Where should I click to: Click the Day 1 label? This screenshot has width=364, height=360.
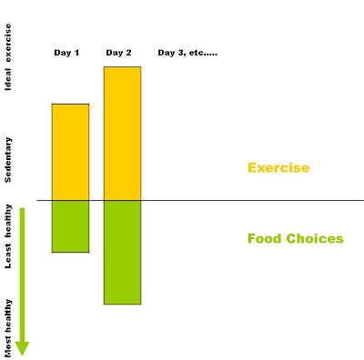66,53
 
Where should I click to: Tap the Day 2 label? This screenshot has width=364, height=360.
118,53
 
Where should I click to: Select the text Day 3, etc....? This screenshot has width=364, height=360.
187,53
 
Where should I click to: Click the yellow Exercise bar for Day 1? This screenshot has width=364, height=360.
70,152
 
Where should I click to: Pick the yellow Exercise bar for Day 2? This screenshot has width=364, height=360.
123,134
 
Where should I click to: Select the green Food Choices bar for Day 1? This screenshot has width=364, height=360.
70,226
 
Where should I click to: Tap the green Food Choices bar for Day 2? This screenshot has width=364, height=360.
123,253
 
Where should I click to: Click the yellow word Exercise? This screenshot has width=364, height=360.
278,167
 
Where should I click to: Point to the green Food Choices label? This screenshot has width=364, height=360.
296,238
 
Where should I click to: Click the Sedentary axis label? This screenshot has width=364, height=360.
7,160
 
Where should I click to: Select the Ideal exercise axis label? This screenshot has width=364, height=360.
7,57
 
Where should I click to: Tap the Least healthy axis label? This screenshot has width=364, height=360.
7,236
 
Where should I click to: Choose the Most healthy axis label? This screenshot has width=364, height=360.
7,328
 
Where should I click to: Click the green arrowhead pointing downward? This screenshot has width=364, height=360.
22,348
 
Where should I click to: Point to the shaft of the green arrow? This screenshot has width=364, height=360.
22,275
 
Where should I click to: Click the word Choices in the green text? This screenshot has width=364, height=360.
315,238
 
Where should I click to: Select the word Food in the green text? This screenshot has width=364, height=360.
265,238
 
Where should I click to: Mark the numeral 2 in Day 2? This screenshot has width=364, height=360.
128,53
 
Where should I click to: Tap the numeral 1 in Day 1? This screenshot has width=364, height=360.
76,53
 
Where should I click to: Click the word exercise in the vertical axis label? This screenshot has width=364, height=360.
7,43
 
